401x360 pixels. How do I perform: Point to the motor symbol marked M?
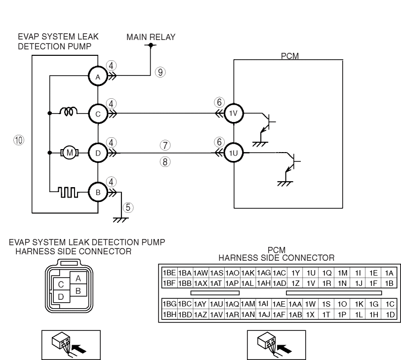tap(70, 153)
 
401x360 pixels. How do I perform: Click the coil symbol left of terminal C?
tap(69, 111)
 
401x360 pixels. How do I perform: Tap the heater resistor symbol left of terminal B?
tap(68, 192)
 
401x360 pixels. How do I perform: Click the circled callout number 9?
tap(160, 73)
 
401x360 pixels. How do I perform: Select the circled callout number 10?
tap(19, 140)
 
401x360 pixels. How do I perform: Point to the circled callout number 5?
tap(128, 207)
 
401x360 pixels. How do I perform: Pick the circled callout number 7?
tap(165, 145)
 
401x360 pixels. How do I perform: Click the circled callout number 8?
tap(165, 162)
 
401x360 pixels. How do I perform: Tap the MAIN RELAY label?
tap(151, 37)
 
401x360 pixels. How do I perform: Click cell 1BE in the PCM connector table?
tap(169, 273)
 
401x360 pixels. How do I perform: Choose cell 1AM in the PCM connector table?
tap(248, 304)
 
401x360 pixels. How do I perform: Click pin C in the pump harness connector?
tap(61, 284)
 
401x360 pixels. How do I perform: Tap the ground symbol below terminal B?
tap(120, 220)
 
